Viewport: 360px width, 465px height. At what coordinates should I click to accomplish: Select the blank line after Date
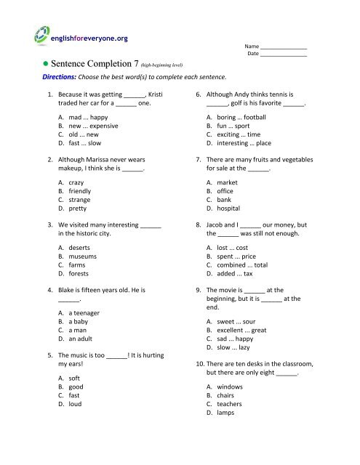click(x=284, y=55)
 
